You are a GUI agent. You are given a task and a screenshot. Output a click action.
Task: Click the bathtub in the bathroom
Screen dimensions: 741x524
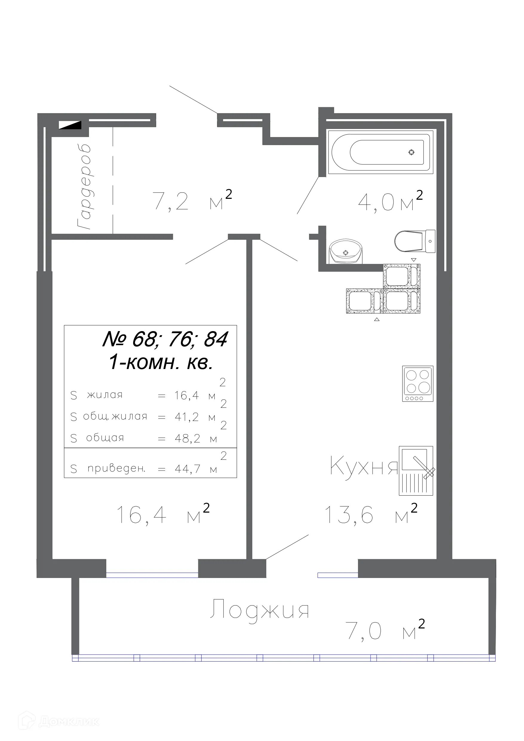tap(380, 152)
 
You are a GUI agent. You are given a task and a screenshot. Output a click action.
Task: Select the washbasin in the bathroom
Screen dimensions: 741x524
tap(345, 251)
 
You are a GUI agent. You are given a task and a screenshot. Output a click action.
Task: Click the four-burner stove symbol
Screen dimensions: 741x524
tap(417, 383)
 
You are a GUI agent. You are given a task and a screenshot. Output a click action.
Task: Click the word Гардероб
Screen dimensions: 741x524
tap(84, 187)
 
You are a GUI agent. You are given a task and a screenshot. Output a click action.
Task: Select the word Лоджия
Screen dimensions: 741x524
tap(259, 610)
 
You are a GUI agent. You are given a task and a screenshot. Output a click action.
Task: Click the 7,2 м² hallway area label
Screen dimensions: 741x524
tap(192, 200)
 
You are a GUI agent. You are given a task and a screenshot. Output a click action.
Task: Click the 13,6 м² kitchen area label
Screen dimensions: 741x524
tap(370, 514)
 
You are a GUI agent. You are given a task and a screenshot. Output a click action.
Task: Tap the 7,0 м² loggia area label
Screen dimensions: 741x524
tap(384, 630)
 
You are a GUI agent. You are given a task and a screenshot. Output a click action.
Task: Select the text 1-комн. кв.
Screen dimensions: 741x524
tap(160, 362)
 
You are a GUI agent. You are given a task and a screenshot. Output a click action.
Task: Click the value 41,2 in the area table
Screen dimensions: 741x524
tap(187, 417)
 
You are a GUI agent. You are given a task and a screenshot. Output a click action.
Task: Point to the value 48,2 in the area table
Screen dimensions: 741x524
tap(187, 438)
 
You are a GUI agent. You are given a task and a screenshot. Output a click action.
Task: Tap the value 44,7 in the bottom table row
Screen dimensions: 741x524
tap(187, 468)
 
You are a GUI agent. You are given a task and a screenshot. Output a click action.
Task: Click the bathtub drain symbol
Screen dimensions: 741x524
tap(411, 152)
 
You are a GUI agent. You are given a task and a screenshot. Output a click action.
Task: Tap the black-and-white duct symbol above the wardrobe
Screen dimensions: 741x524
tap(70, 124)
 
